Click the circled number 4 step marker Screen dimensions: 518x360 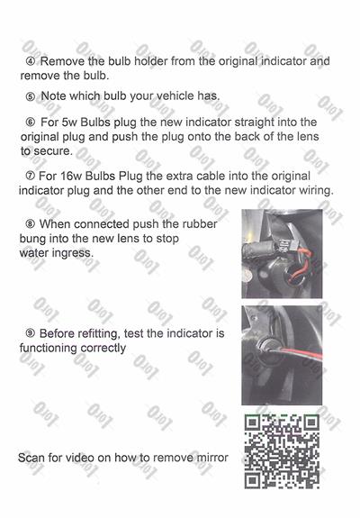point(30,61)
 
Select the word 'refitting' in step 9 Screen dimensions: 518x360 point(112,333)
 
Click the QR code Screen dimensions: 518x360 point(282,450)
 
